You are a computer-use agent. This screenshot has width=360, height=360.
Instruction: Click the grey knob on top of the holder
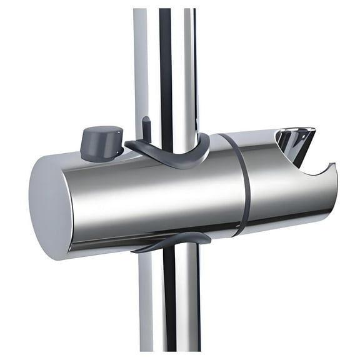(101, 144)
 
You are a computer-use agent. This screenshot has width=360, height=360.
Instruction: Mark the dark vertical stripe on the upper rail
(166, 62)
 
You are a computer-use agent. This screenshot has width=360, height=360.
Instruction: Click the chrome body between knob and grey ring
(156, 194)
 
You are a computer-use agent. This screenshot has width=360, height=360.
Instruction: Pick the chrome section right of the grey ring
(281, 194)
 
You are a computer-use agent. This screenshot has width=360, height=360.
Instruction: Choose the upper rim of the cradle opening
(294, 131)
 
